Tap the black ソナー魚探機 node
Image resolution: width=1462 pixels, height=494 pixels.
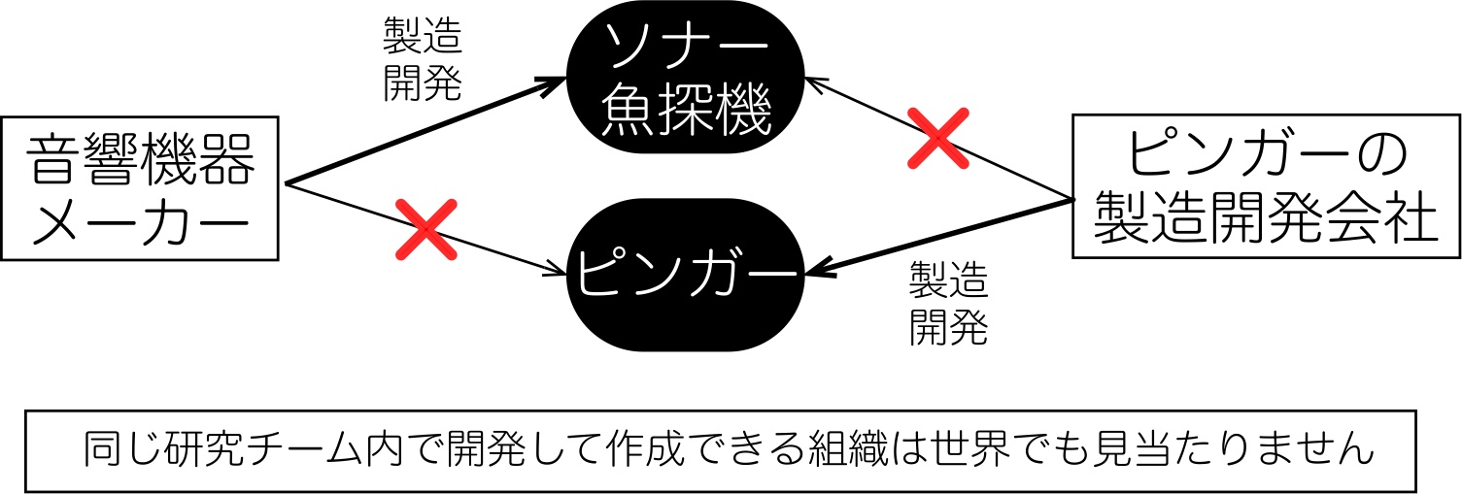tap(685, 78)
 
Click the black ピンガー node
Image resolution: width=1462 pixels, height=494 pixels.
tap(685, 275)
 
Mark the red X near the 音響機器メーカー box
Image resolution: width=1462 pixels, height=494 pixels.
tap(426, 229)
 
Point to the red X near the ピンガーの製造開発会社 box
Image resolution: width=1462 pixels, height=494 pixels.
tap(937, 138)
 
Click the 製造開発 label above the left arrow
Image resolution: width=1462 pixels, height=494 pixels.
tap(423, 59)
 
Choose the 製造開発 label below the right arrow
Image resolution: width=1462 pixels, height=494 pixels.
tap(948, 303)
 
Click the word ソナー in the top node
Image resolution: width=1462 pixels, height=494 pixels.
tap(685, 45)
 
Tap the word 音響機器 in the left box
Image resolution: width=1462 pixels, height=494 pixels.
tap(140, 159)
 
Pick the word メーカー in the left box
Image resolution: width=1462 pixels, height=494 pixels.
tap(140, 221)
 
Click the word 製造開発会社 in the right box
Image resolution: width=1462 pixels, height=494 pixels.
tap(1266, 217)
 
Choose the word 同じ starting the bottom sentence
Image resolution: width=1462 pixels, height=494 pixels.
tap(122, 448)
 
